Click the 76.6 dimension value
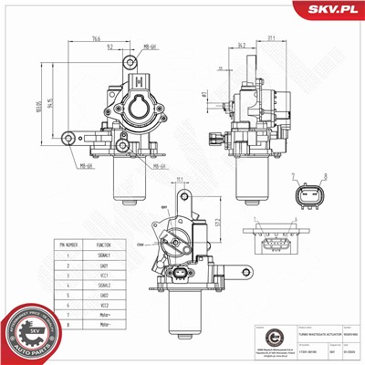[x=96, y=39]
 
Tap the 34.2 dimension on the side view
[x=240, y=43]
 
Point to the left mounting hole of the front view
[x=69, y=139]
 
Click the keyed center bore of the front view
[x=140, y=113]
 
